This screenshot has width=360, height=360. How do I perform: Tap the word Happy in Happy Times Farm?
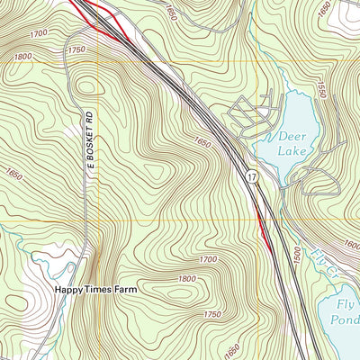tap(69, 290)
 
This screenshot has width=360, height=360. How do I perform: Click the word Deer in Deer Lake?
tap(292, 136)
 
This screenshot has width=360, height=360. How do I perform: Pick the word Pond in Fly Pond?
tap(345, 320)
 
